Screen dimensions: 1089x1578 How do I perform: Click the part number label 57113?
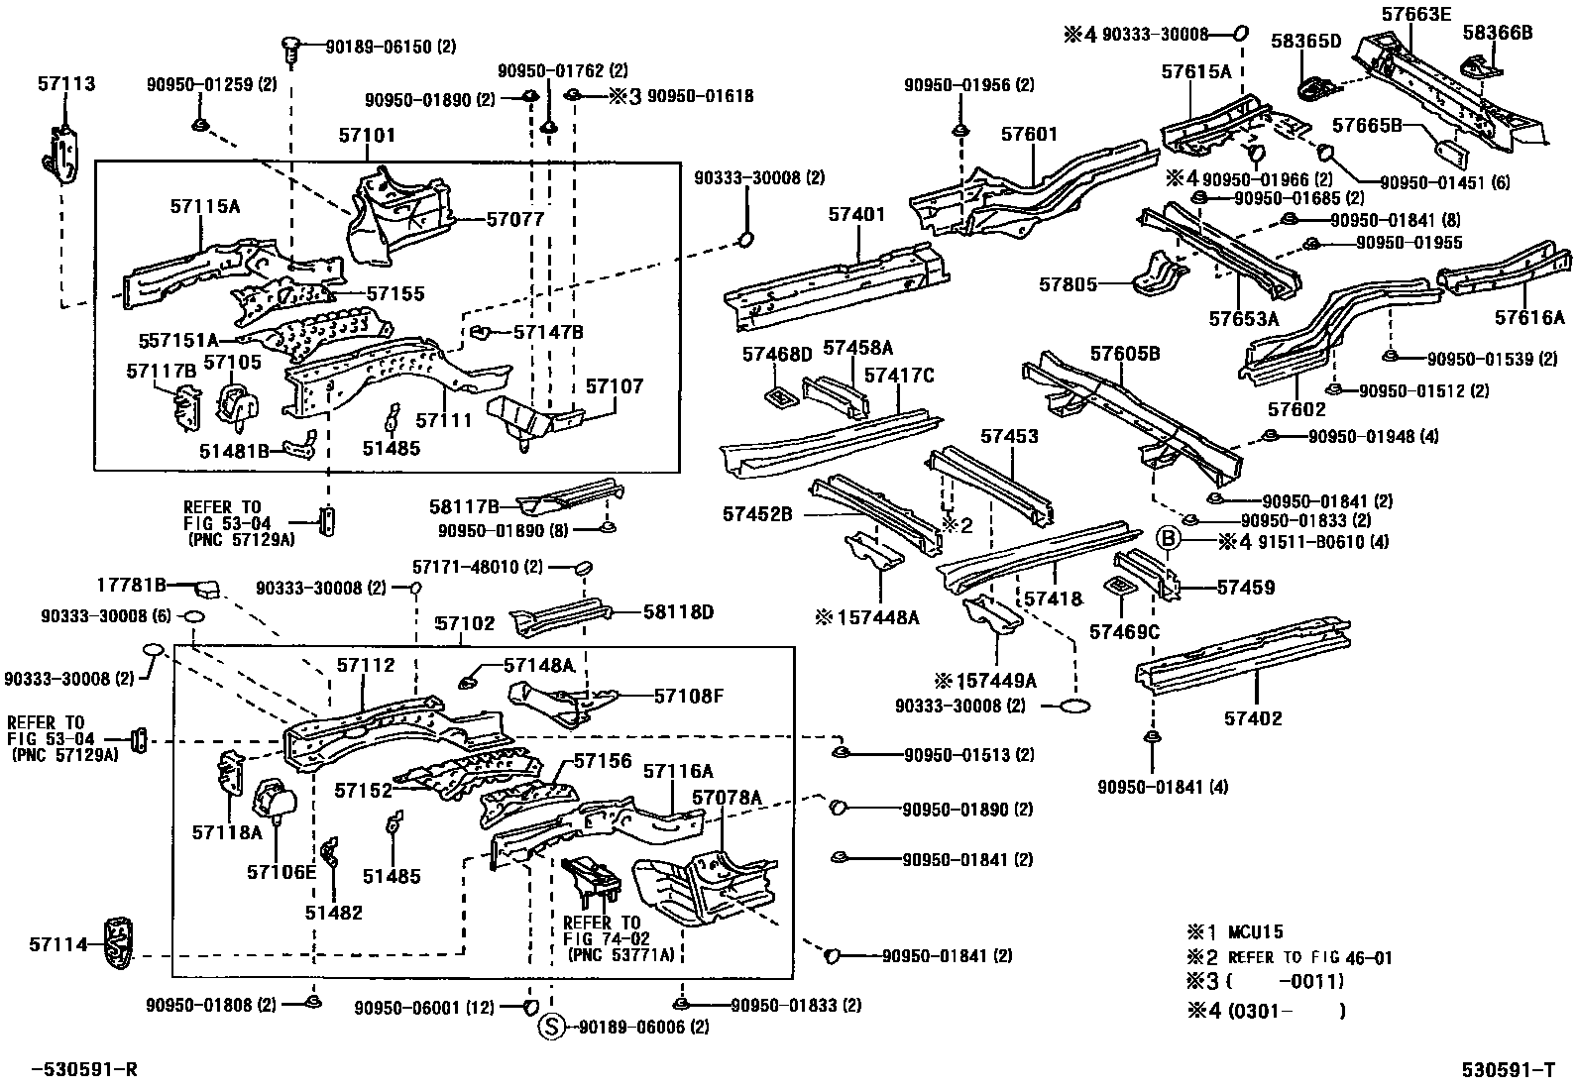point(67,84)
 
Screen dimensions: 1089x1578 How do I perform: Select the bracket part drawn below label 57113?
point(61,154)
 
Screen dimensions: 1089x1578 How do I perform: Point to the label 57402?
point(1252,717)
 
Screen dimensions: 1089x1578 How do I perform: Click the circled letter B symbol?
point(1169,539)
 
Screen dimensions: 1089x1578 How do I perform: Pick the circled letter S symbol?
point(550,1028)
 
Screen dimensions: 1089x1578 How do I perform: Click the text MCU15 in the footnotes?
point(1256,931)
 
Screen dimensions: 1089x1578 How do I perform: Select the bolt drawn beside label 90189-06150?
point(290,48)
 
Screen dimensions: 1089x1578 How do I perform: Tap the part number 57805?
point(1068,284)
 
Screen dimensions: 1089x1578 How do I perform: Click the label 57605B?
point(1124,354)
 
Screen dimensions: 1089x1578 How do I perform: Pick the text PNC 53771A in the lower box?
point(620,955)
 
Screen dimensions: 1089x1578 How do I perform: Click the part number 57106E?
point(281,871)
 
